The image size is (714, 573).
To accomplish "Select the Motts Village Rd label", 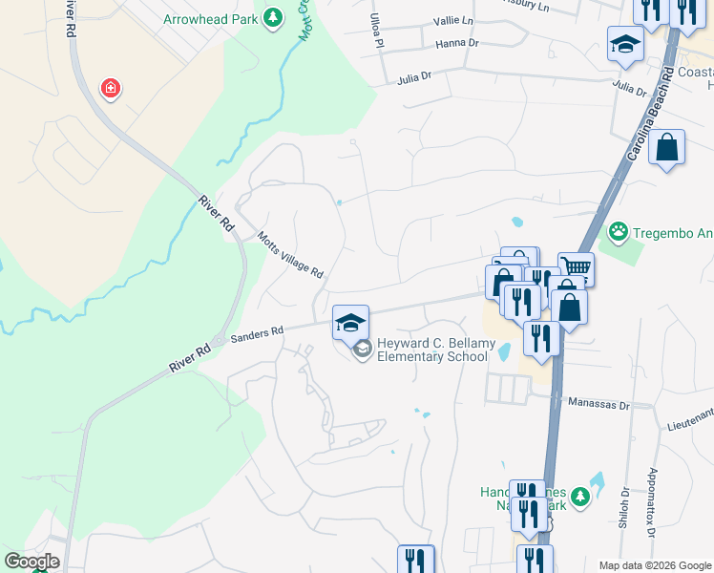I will pyautogui.click(x=291, y=255).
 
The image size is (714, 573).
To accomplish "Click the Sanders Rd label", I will pyautogui.click(x=258, y=332).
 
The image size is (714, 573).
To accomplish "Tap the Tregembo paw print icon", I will pyautogui.click(x=619, y=231).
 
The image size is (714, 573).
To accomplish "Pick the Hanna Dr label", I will pyautogui.click(x=456, y=43).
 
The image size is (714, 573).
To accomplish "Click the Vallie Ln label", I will pyautogui.click(x=452, y=20).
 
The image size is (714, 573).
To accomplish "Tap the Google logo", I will pyautogui.click(x=31, y=562).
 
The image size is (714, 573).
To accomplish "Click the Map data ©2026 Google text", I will pyautogui.click(x=655, y=565).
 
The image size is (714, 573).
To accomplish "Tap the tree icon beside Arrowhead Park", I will pyautogui.click(x=273, y=18).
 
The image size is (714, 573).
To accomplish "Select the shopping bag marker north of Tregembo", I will pyautogui.click(x=667, y=148).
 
